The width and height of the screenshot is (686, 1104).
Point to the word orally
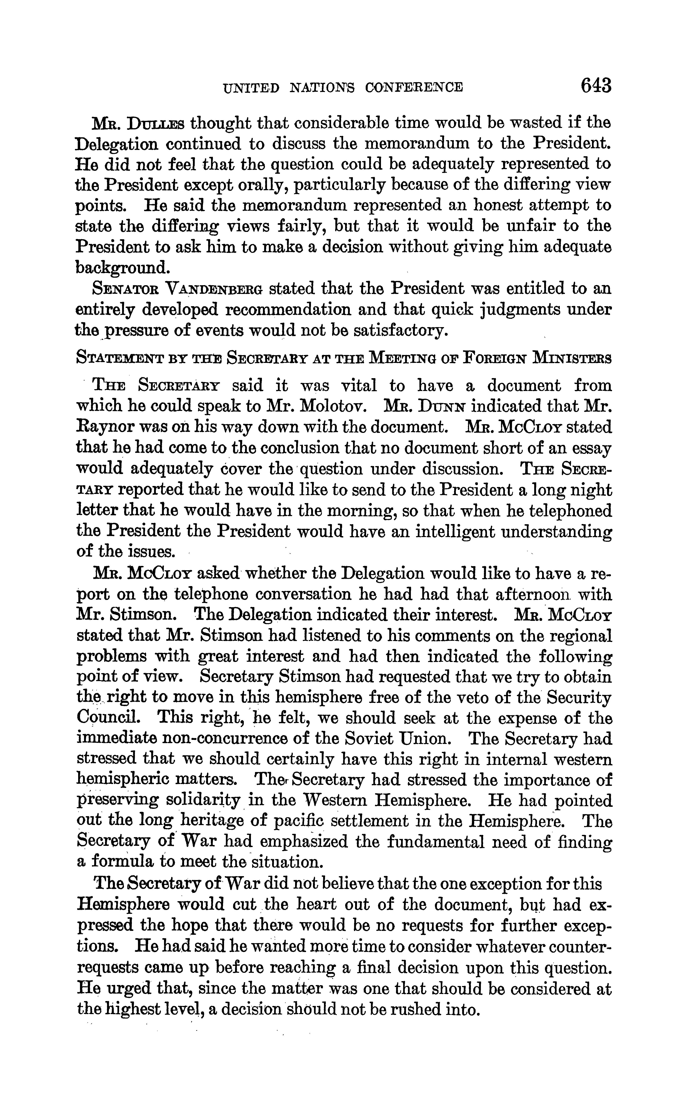point(269,185)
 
